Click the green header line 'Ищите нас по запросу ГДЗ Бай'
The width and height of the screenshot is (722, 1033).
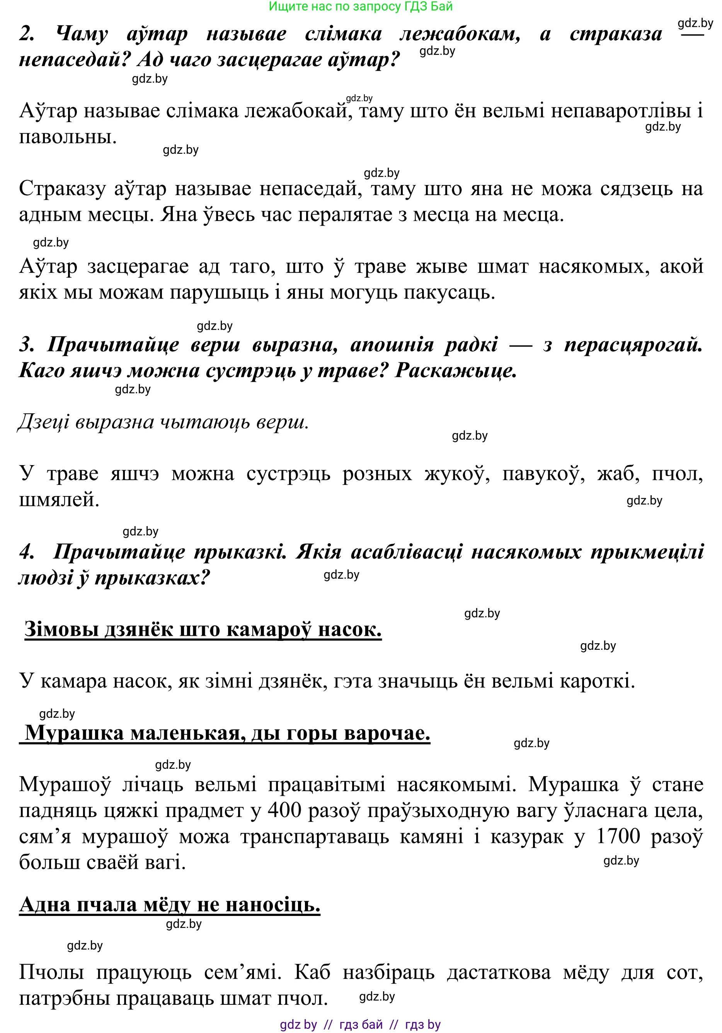[x=361, y=7]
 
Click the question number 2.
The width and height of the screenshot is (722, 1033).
[x=27, y=34]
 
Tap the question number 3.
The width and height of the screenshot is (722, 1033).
[x=27, y=345]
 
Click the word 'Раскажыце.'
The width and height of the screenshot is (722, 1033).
[x=456, y=371]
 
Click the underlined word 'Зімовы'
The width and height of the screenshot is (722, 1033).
[x=61, y=629]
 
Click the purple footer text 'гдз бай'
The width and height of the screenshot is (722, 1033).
[x=361, y=1025]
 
